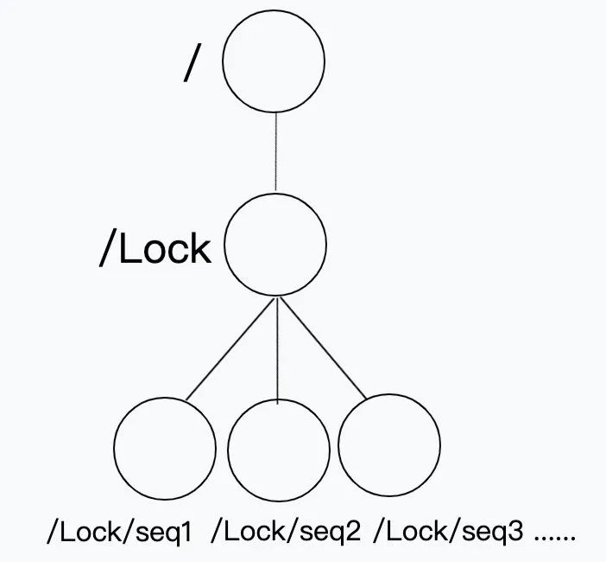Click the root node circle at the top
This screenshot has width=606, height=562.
274,61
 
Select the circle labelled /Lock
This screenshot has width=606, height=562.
275,245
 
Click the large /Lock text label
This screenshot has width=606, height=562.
155,249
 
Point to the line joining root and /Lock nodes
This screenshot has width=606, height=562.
275,152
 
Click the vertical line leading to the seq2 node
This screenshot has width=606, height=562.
276,349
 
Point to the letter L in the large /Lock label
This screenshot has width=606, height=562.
126,249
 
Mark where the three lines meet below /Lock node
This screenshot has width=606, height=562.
276,298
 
